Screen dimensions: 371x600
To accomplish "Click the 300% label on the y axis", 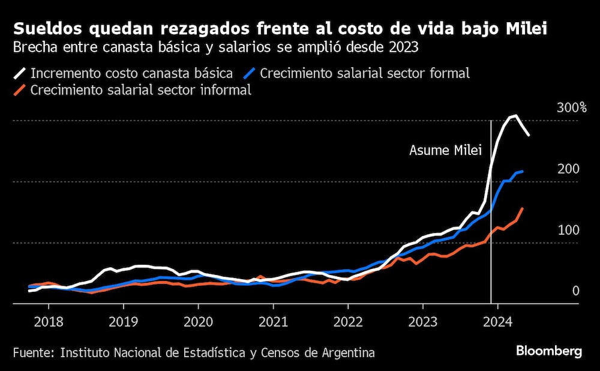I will (x=572, y=108).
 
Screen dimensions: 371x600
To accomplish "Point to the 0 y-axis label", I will (x=576, y=291).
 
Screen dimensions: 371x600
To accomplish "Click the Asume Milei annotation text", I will (x=445, y=151).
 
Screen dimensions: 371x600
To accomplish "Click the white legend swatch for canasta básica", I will (x=20, y=74).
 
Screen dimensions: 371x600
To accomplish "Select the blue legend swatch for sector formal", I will (x=250, y=74).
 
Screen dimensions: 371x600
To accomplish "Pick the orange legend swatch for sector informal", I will (x=20, y=90).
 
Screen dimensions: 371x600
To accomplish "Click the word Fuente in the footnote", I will (x=31, y=352).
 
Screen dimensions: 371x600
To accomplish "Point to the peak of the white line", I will (x=514, y=116).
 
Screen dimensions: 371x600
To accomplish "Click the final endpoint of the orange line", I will (x=523, y=208).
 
